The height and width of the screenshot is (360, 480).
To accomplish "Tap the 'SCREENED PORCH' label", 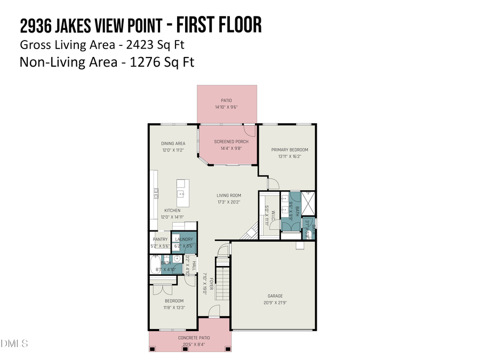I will click(x=228, y=142).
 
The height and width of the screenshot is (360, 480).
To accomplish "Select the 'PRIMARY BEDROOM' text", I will click(x=290, y=150).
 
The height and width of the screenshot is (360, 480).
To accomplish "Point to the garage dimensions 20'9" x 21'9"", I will click(x=275, y=302).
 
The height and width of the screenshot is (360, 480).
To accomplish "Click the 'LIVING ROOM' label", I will click(x=228, y=196).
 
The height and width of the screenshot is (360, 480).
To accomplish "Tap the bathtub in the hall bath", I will click(x=156, y=265).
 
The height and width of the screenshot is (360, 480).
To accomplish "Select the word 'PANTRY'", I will click(x=160, y=239).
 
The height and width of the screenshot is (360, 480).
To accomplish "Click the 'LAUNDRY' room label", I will click(x=183, y=239).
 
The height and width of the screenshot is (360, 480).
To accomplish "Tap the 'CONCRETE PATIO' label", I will click(x=194, y=338).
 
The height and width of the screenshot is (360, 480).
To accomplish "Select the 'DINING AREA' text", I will click(x=173, y=143).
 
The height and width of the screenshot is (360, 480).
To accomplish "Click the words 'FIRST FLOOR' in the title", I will click(x=219, y=25).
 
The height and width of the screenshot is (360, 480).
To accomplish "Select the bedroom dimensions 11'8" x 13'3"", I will click(x=174, y=307).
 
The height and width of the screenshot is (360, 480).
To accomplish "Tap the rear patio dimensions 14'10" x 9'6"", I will click(x=227, y=107).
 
